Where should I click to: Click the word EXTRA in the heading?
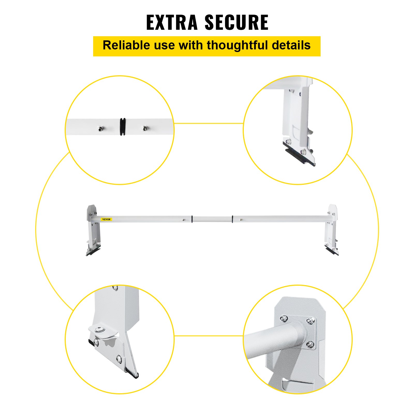tap(172, 23)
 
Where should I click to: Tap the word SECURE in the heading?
tap(236, 23)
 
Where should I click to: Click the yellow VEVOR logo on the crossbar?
tap(106, 219)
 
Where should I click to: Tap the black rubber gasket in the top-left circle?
tap(123, 127)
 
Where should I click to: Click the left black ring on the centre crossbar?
tap(192, 219)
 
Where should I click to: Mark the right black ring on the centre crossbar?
tap(232, 219)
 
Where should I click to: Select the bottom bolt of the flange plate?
tap(310, 344)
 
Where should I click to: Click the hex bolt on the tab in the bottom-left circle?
tap(99, 330)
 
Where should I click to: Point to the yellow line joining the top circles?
tap(209, 123)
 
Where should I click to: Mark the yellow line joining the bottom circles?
tap(209, 336)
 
